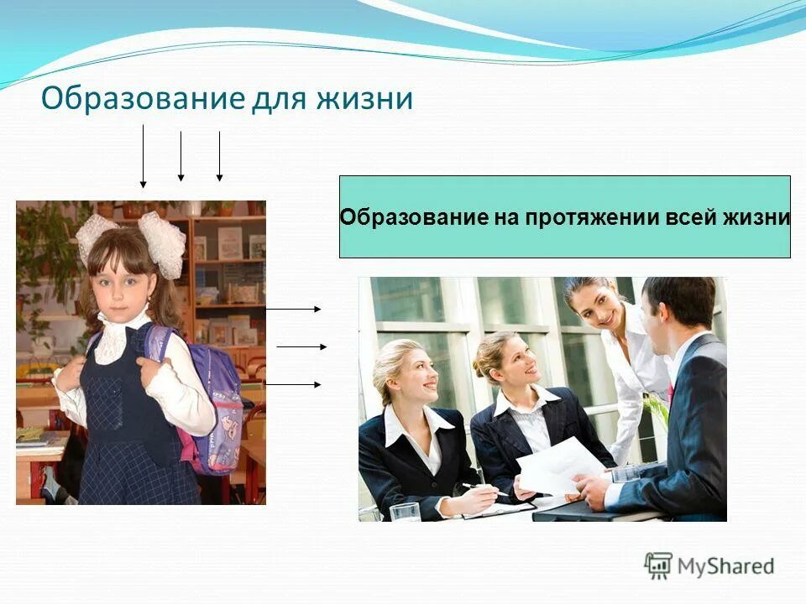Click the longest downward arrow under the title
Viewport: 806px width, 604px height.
[x=144, y=155]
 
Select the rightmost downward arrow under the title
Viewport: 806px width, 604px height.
[x=219, y=156]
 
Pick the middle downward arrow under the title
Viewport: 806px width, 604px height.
[x=181, y=156]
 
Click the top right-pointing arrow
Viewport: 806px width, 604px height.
[x=293, y=309]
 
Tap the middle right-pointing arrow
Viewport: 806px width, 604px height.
[x=301, y=346]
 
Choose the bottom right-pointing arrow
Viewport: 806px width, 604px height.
[x=293, y=384]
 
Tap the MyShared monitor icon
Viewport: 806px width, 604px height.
[x=658, y=565]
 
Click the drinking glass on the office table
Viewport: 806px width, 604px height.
[x=404, y=511]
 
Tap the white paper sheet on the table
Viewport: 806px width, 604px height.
[x=558, y=466]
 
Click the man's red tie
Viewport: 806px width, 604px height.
[x=671, y=393]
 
